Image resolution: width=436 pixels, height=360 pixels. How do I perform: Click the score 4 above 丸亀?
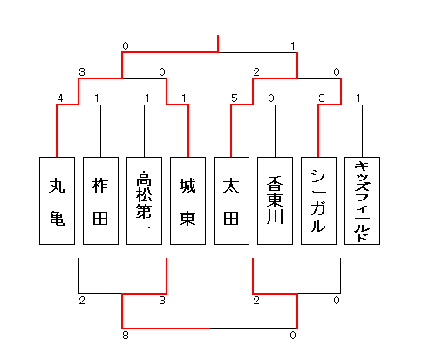tap(60, 98)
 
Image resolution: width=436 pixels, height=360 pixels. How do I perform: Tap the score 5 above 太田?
tap(235, 98)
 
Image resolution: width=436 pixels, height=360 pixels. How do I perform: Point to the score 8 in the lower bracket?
tap(126, 336)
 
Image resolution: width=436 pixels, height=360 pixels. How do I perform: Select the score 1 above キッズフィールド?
tap(358, 98)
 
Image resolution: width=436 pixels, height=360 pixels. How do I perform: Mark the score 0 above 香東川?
tap(271, 98)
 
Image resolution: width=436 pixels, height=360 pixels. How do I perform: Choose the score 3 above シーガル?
tap(322, 98)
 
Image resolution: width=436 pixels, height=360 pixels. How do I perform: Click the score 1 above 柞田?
tap(97, 98)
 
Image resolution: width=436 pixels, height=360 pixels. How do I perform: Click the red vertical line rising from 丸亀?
tap(57, 131)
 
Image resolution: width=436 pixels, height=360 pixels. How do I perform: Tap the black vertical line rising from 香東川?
tap(275, 131)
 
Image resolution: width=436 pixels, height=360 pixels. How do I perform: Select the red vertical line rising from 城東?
tap(188, 131)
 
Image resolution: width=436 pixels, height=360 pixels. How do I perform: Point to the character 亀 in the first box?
tap(57, 218)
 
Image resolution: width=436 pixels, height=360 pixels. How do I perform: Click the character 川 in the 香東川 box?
tap(275, 216)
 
